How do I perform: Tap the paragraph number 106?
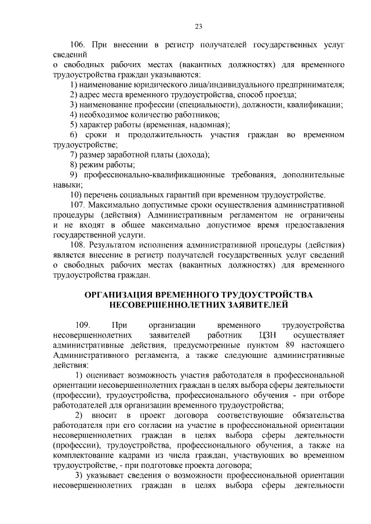[x=78, y=44]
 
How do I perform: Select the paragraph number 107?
[x=78, y=204]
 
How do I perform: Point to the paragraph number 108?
[x=78, y=245]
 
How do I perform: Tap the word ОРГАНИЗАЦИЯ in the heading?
[x=128, y=295]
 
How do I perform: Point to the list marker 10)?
[x=75, y=194]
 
